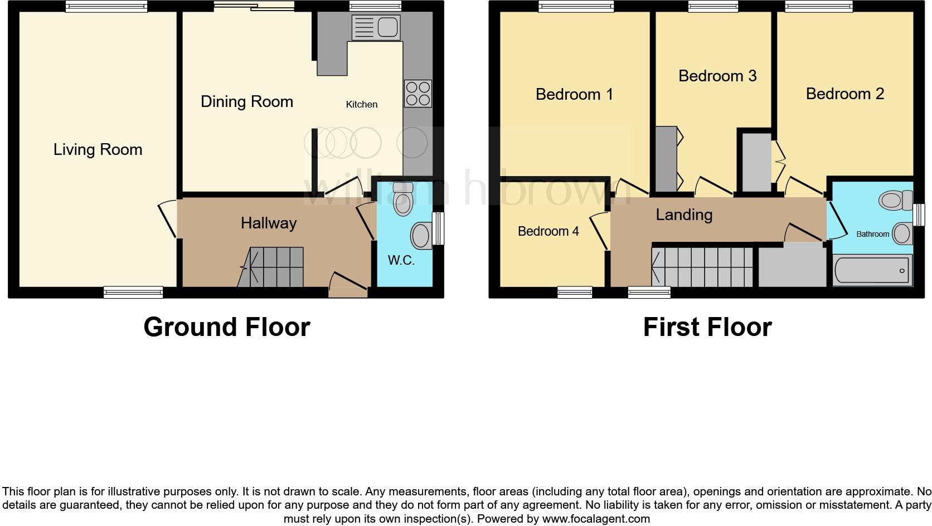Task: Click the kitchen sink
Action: click(376, 27)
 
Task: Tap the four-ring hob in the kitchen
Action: click(418, 94)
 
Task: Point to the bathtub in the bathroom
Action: click(872, 271)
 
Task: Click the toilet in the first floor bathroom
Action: click(895, 200)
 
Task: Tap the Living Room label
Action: click(98, 149)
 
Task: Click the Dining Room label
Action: click(246, 101)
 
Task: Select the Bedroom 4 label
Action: click(548, 231)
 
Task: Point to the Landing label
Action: click(683, 215)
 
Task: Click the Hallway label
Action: click(268, 223)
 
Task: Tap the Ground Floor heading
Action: click(226, 327)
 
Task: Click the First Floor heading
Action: click(707, 327)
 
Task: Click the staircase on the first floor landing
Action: click(702, 267)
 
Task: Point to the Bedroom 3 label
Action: click(717, 76)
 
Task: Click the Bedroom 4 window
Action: click(575, 291)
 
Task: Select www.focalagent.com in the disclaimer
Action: click(596, 519)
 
